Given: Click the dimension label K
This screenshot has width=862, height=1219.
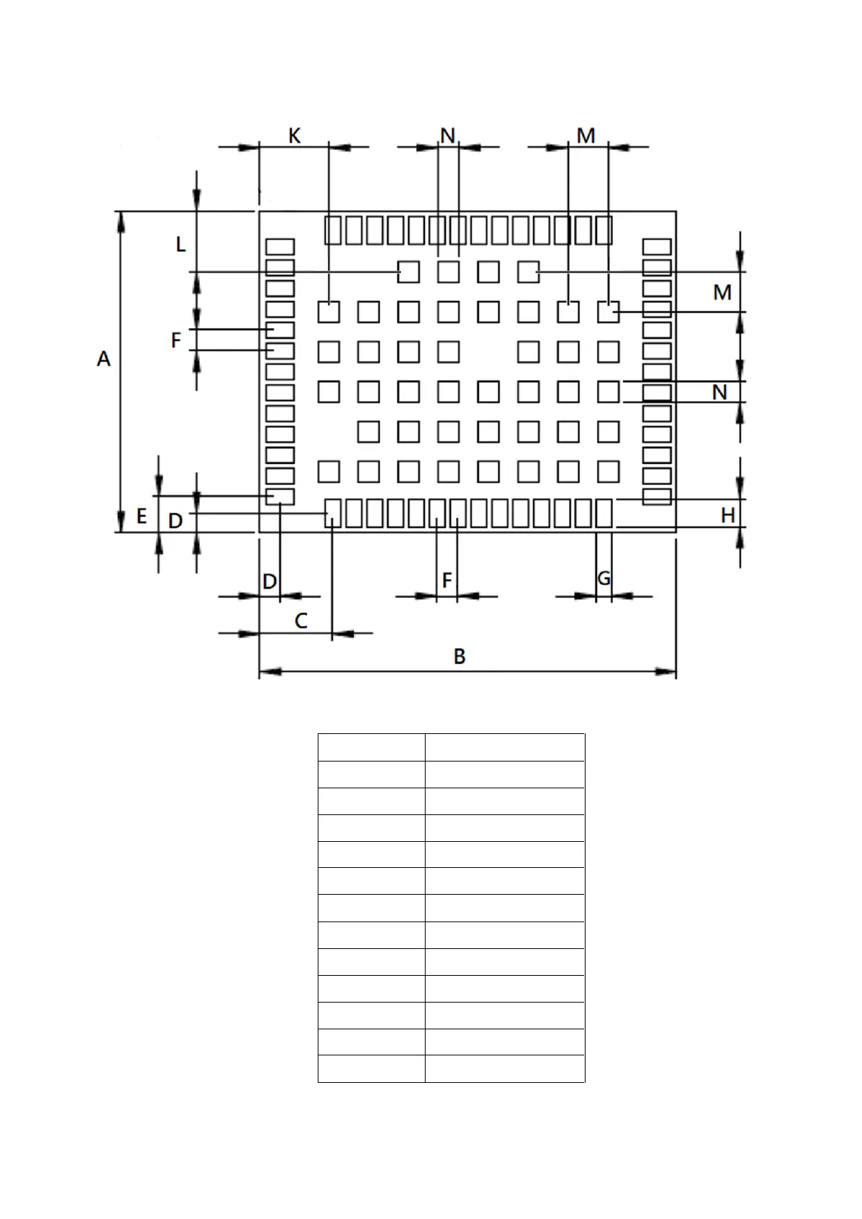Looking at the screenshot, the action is coord(295,135).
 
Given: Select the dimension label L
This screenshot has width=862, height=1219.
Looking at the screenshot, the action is coord(181,245).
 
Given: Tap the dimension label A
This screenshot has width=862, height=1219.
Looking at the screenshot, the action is coord(103,358).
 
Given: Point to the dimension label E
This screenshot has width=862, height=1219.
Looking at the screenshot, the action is coord(141,516).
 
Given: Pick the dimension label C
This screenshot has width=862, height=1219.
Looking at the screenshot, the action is coord(301,620).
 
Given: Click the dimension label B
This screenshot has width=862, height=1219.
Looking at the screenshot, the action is coord(460,657).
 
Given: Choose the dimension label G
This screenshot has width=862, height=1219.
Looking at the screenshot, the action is coord(604,578).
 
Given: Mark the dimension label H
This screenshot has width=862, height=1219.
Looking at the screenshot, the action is coord(727,515).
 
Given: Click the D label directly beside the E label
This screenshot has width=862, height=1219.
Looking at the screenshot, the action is coord(175,520).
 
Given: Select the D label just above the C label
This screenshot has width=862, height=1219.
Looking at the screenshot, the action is coord(269,581).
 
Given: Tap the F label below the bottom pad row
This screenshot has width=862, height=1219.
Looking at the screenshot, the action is coord(447,580).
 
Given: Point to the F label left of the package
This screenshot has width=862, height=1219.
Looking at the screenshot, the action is coord(175,340).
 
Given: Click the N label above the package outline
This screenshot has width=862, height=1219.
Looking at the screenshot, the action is coord(447,135).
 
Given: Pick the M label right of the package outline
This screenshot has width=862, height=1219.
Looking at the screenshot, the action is coord(722,292).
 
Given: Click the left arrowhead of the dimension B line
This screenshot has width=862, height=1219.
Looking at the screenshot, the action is coord(270,672).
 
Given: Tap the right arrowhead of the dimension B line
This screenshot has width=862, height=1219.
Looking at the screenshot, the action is coord(666,672).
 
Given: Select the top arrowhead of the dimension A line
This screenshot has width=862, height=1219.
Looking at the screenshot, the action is coord(121,222).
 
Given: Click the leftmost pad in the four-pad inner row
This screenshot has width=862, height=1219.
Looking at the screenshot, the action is coord(408,271).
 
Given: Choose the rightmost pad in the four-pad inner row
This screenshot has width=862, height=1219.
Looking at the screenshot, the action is coord(528,271).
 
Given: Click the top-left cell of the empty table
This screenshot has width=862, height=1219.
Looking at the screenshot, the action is coord(371,746).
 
